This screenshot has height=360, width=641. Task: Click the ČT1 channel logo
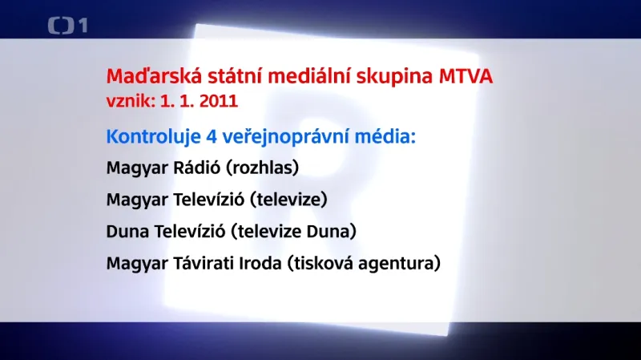[68, 26]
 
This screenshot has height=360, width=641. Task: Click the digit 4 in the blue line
[212, 136]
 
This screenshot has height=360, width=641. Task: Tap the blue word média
[389, 136]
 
